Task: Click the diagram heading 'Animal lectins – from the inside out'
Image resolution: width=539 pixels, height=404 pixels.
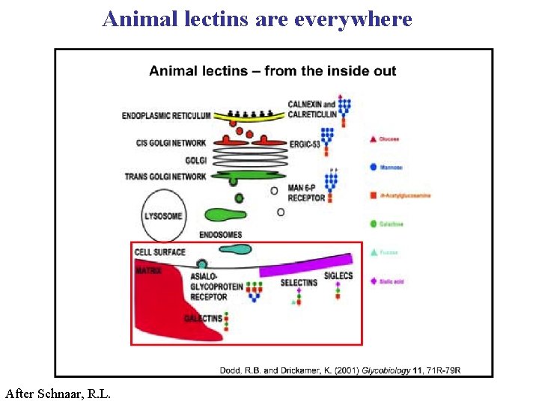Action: pyautogui.click(x=272, y=71)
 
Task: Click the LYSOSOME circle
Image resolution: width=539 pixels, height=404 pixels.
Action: pyautogui.click(x=162, y=216)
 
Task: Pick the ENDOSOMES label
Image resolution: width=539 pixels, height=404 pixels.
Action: pyautogui.click(x=221, y=235)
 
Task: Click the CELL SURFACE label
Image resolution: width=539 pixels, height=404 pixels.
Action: pyautogui.click(x=160, y=252)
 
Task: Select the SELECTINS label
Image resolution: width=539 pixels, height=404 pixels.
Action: pyautogui.click(x=299, y=283)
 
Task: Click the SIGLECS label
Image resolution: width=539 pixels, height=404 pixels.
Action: pyautogui.click(x=338, y=276)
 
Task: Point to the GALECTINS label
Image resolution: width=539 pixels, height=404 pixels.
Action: pyautogui.click(x=203, y=319)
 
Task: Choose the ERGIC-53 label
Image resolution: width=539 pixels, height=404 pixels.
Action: pyautogui.click(x=305, y=144)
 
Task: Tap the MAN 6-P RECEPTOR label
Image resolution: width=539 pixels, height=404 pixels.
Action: pyautogui.click(x=307, y=194)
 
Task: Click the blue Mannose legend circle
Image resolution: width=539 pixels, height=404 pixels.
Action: pyautogui.click(x=373, y=168)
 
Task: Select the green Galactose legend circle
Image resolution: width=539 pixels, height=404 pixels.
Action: pyautogui.click(x=373, y=224)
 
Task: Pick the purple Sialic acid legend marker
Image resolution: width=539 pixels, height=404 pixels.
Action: pyautogui.click(x=373, y=281)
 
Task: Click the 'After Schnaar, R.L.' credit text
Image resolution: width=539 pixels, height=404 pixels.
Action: pyautogui.click(x=58, y=393)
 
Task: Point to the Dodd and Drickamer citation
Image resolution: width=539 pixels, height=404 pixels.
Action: pyautogui.click(x=340, y=370)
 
